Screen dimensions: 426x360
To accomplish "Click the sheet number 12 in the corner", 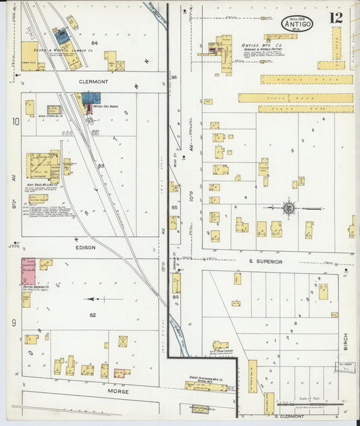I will pyautogui.click(x=336, y=18).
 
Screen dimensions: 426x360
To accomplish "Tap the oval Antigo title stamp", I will pyautogui.click(x=297, y=24).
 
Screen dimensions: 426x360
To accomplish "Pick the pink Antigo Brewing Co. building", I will pyautogui.click(x=28, y=271).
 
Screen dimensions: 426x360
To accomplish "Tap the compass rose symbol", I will pyautogui.click(x=288, y=207).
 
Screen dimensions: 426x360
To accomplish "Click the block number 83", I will pyautogui.click(x=101, y=165).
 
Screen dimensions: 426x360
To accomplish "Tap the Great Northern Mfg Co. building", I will pyautogui.click(x=206, y=386).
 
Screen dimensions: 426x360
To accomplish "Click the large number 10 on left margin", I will pyautogui.click(x=15, y=122).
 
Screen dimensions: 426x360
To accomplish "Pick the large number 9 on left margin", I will pyautogui.click(x=14, y=323).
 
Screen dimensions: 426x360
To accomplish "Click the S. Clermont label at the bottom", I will pyautogui.click(x=271, y=417).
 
